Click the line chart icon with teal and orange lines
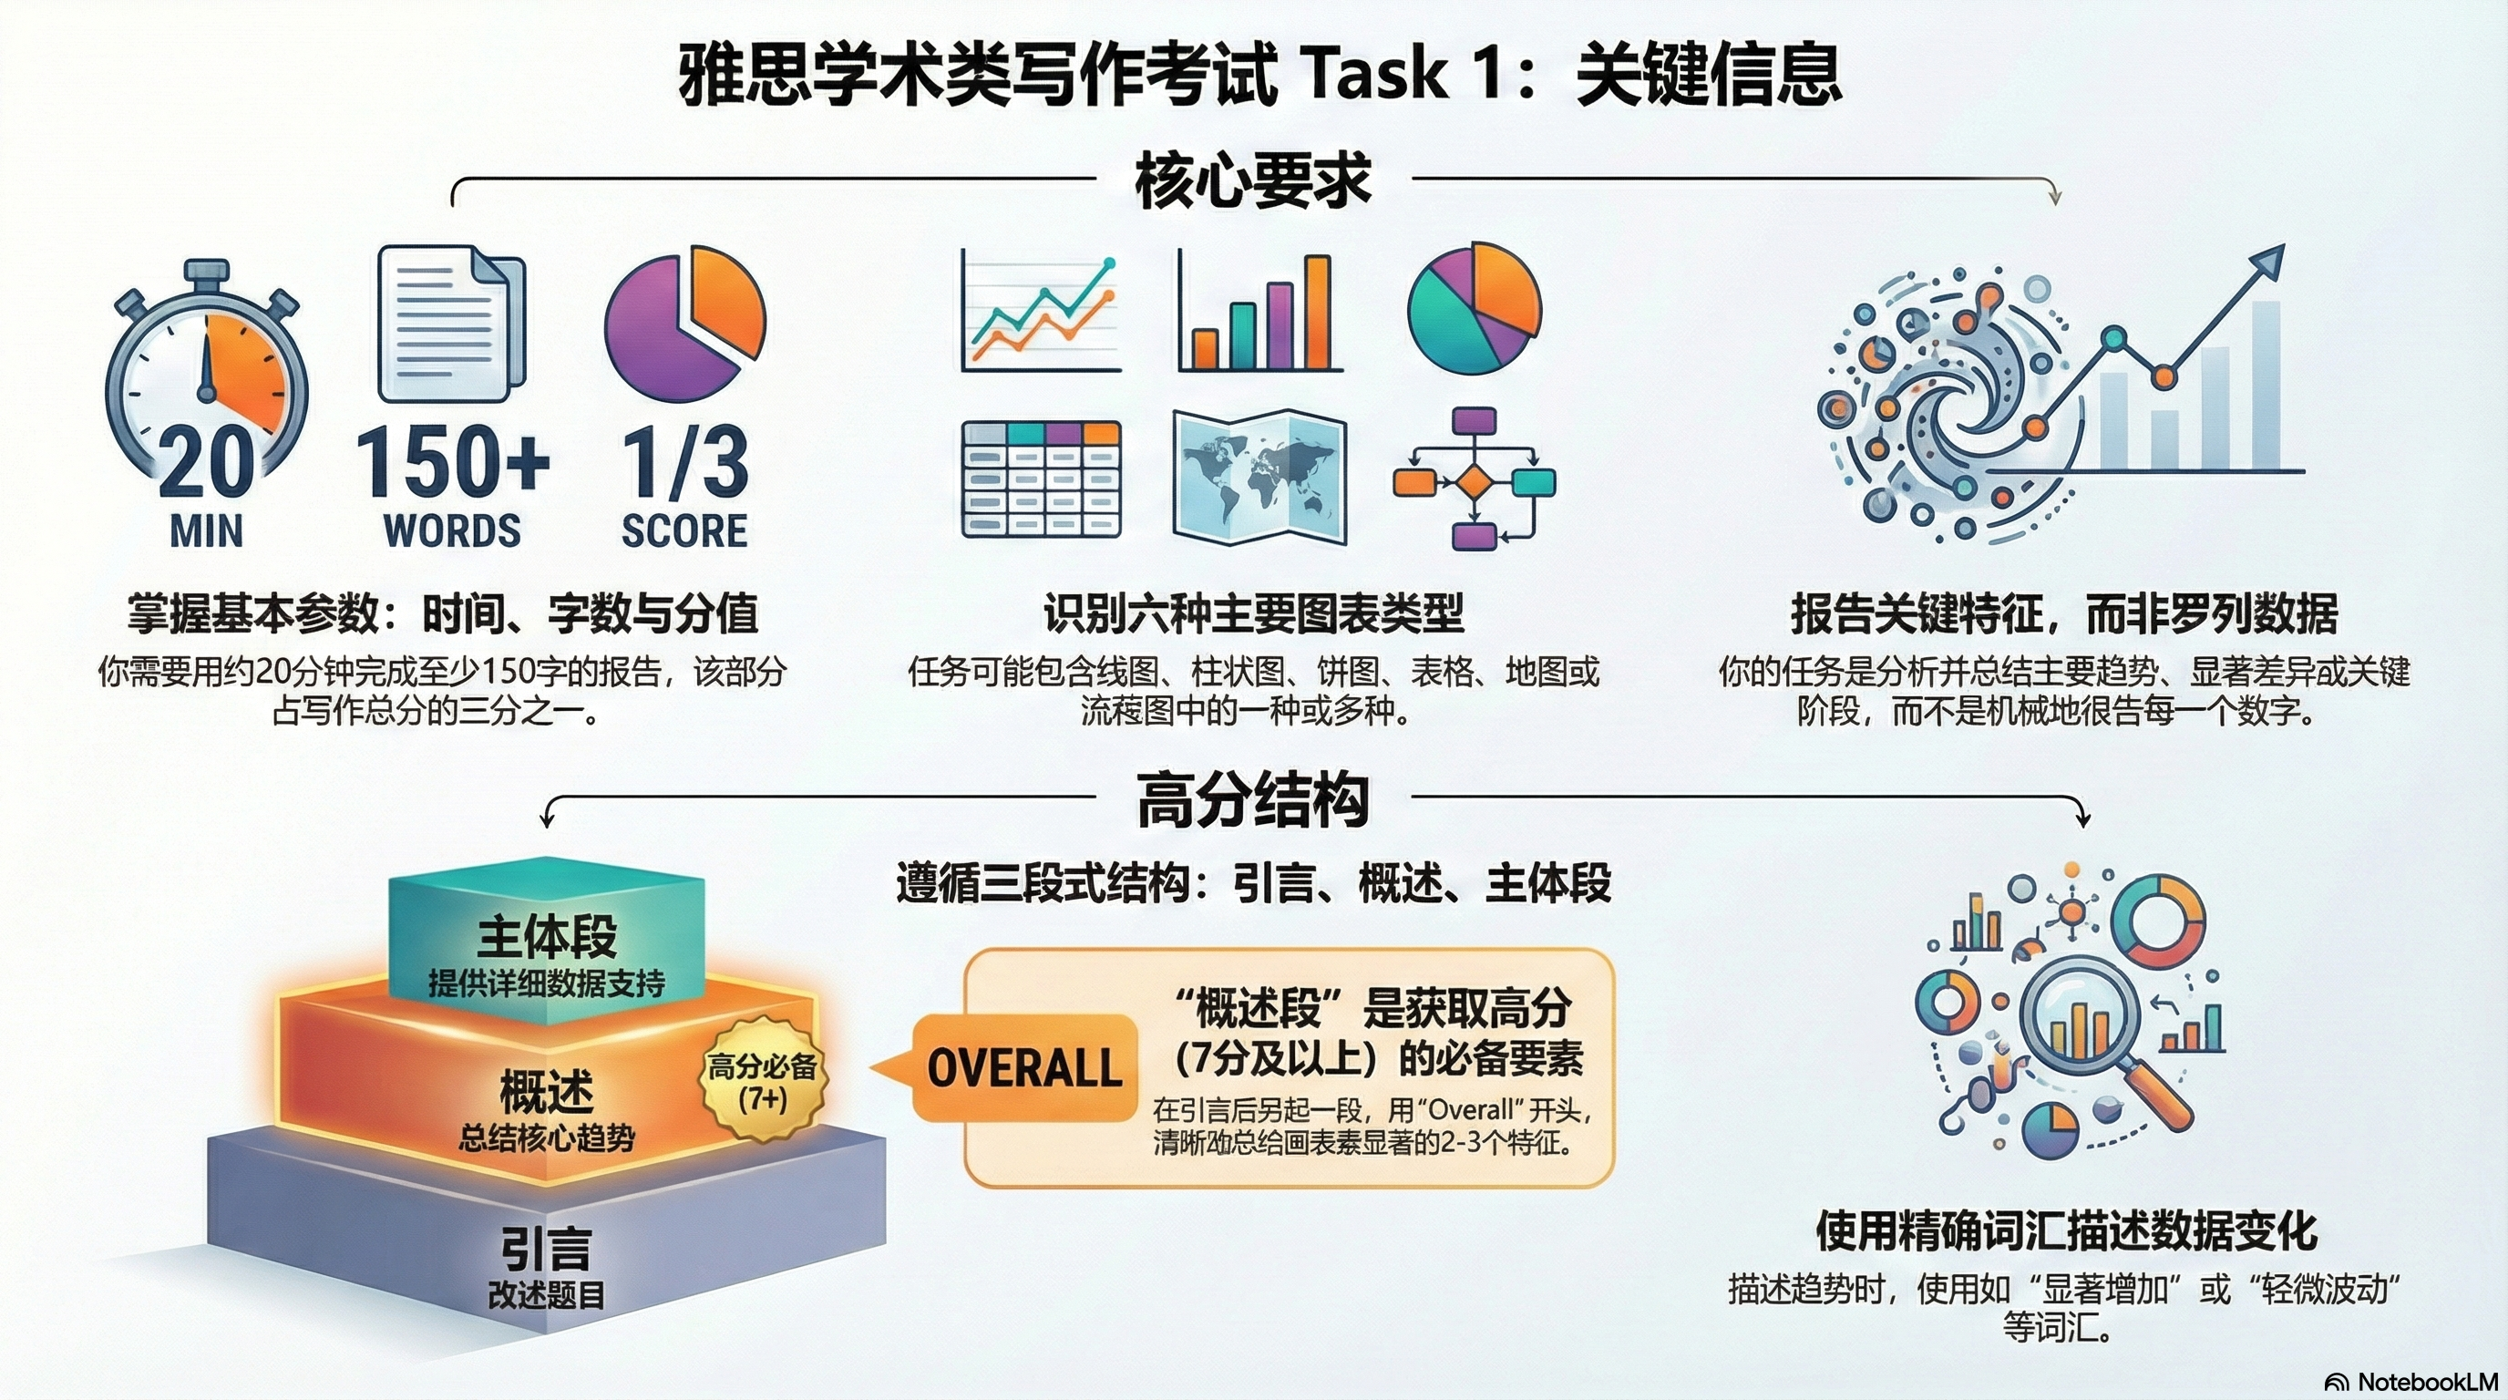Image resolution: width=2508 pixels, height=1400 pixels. click(1040, 311)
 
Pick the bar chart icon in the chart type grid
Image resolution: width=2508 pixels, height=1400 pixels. click(1259, 313)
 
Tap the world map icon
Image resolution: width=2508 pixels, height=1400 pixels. click(1259, 477)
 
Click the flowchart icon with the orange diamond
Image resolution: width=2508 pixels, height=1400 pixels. click(1474, 479)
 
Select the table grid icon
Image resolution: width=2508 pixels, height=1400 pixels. click(1041, 479)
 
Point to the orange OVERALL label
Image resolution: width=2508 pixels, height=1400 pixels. click(1024, 1068)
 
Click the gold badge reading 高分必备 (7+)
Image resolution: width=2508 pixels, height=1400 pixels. click(762, 1082)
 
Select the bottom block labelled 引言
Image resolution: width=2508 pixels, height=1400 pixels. click(546, 1256)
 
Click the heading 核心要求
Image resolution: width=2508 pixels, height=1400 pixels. click(1253, 181)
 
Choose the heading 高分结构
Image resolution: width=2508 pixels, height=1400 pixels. click(1253, 801)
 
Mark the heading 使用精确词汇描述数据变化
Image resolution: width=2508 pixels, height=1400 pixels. click(2066, 1231)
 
